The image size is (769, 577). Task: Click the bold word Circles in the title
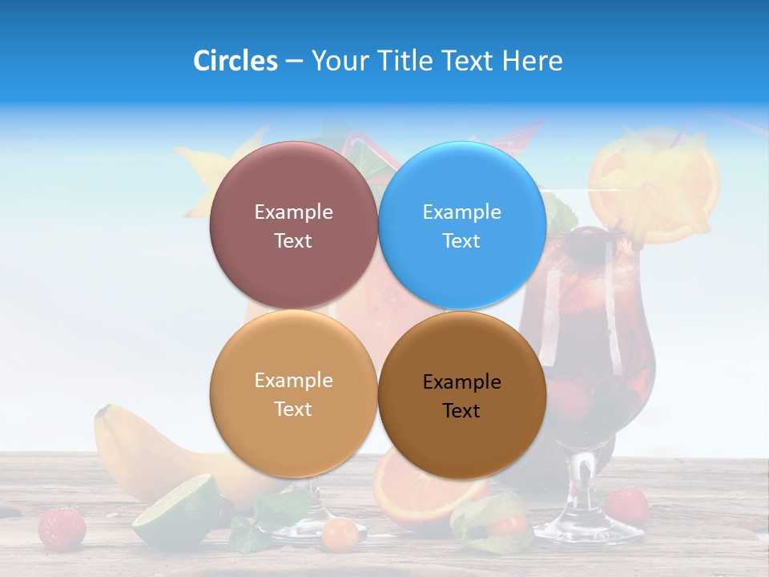pyautogui.click(x=235, y=61)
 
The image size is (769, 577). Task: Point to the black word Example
pyautogui.click(x=461, y=382)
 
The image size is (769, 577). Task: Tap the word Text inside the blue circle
pyautogui.click(x=461, y=241)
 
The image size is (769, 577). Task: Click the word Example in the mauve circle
pyautogui.click(x=293, y=212)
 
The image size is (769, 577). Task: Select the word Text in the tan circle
pyautogui.click(x=293, y=410)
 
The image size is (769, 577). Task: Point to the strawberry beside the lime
pyautogui.click(x=62, y=527)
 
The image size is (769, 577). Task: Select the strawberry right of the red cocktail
pyautogui.click(x=626, y=505)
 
